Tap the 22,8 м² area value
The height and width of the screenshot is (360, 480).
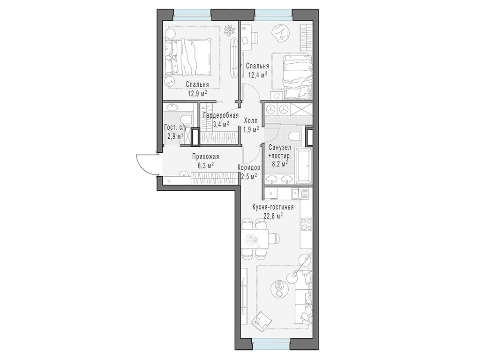[273, 216]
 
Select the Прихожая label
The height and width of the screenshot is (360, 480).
[205, 157]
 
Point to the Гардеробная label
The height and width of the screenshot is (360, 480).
[221, 116]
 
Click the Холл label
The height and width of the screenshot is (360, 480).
[251, 121]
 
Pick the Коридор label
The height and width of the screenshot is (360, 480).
[249, 168]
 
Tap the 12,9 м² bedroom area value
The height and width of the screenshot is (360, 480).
[197, 93]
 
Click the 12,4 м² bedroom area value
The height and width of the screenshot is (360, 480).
[257, 75]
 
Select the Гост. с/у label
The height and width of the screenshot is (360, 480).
[175, 128]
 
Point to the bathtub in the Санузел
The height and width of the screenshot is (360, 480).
[303, 165]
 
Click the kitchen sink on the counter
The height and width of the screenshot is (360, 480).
[297, 194]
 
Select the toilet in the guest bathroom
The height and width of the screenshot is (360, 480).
[186, 119]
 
